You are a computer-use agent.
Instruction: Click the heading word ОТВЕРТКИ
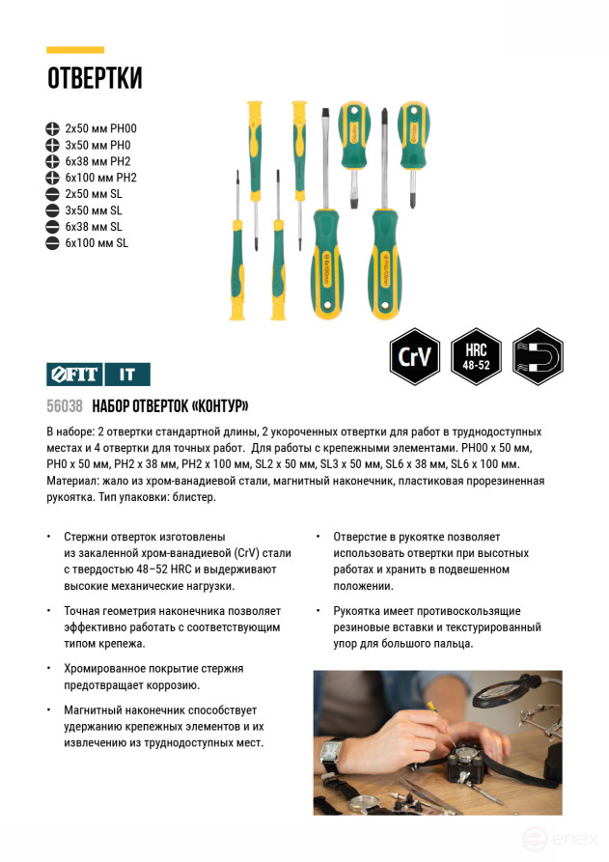95,79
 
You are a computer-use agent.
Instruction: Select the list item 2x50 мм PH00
100,128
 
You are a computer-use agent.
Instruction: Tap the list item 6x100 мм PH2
100,178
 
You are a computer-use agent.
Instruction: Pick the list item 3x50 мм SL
93,210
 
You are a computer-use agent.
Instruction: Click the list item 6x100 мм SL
96,243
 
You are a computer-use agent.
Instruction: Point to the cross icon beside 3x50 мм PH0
52,145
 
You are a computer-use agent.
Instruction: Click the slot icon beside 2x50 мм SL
52,194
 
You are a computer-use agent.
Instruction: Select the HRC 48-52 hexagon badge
477,356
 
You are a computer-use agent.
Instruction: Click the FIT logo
72,374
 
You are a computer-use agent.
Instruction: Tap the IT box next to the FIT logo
126,374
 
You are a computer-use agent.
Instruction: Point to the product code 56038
64,405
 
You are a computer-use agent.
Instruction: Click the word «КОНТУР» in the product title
218,405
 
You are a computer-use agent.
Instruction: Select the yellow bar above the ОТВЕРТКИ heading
74,50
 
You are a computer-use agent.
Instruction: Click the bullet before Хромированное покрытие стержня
49,668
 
